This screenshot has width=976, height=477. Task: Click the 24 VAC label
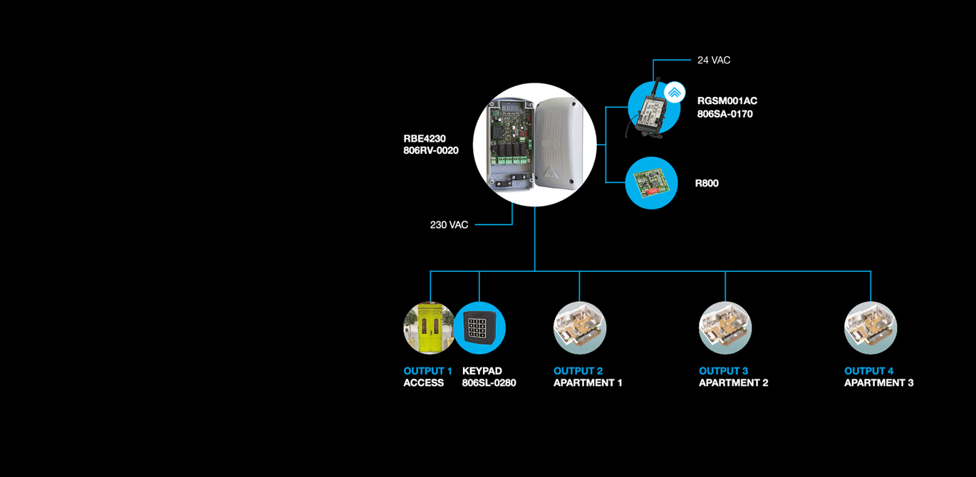714,61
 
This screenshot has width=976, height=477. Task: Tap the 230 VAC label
449,225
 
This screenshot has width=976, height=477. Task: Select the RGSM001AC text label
727,101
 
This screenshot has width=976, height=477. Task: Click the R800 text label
707,184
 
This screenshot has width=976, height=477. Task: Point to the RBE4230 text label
425,139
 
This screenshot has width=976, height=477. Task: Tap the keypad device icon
480,328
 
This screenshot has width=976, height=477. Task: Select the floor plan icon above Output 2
579,328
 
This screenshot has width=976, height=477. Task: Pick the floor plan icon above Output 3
725,328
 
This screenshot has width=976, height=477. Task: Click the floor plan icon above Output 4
870,328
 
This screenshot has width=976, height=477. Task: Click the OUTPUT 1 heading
427,371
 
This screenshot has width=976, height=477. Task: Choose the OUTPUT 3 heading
723,371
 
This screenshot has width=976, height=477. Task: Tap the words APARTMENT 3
878,383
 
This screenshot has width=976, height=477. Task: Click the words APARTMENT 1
588,383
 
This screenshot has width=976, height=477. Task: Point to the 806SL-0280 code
489,383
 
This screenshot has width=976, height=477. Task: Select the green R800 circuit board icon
651,183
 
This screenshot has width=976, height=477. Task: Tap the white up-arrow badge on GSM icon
673,93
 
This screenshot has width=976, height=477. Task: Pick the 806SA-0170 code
725,114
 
